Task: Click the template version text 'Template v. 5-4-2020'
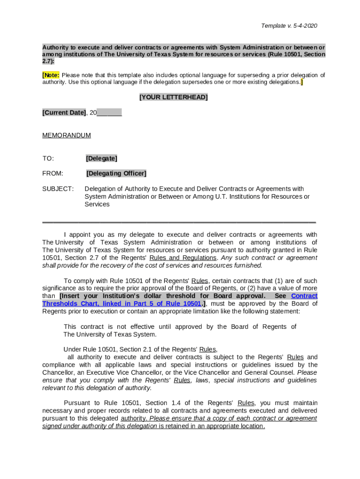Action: (x=289, y=26)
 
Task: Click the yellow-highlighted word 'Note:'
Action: (x=51, y=75)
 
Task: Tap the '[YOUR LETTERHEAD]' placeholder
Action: (x=173, y=97)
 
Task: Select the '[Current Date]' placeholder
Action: (x=64, y=113)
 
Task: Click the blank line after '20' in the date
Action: (x=110, y=113)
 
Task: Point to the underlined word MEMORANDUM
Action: (x=66, y=136)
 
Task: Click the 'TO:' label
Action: (x=48, y=159)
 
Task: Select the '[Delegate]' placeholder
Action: (x=101, y=159)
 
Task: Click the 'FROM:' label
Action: (x=53, y=174)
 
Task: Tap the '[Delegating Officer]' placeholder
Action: (x=116, y=174)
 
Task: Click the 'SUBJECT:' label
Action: (x=58, y=189)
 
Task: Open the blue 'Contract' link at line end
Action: (x=304, y=296)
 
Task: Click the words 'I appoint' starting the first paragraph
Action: (x=77, y=235)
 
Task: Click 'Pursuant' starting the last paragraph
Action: (x=77, y=403)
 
